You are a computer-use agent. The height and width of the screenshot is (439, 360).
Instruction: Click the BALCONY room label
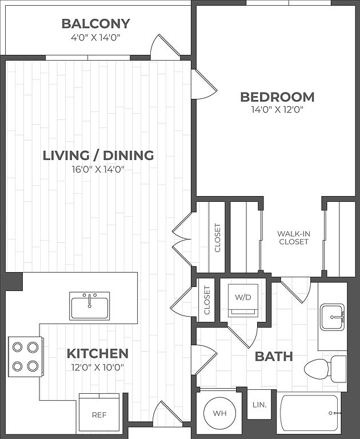click(x=96, y=24)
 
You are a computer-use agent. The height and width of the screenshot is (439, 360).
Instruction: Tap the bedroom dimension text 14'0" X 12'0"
click(x=277, y=110)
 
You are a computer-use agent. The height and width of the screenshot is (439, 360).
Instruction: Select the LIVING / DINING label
click(x=98, y=155)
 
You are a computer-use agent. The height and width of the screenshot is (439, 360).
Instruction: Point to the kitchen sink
click(x=90, y=306)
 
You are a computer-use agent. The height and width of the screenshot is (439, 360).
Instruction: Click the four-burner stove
click(x=25, y=357)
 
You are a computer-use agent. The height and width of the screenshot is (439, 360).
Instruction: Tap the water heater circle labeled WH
click(x=219, y=413)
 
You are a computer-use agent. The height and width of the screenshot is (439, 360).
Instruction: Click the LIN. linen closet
click(x=259, y=405)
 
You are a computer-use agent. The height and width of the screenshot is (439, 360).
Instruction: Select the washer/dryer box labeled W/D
click(x=243, y=301)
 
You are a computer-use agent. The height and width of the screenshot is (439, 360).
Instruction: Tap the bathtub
click(x=311, y=413)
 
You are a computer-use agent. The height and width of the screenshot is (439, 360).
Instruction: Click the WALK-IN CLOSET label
click(x=294, y=238)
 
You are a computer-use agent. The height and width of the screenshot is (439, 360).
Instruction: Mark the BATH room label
click(x=274, y=357)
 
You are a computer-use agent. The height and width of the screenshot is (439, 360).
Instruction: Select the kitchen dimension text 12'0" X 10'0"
click(x=98, y=367)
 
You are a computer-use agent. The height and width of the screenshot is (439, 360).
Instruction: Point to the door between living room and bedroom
click(x=204, y=84)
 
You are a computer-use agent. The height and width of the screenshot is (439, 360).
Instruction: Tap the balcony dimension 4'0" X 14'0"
click(x=95, y=37)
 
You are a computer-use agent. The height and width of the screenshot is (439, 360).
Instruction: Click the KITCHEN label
click(x=98, y=354)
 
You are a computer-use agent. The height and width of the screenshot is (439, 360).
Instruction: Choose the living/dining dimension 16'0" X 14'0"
click(x=98, y=169)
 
